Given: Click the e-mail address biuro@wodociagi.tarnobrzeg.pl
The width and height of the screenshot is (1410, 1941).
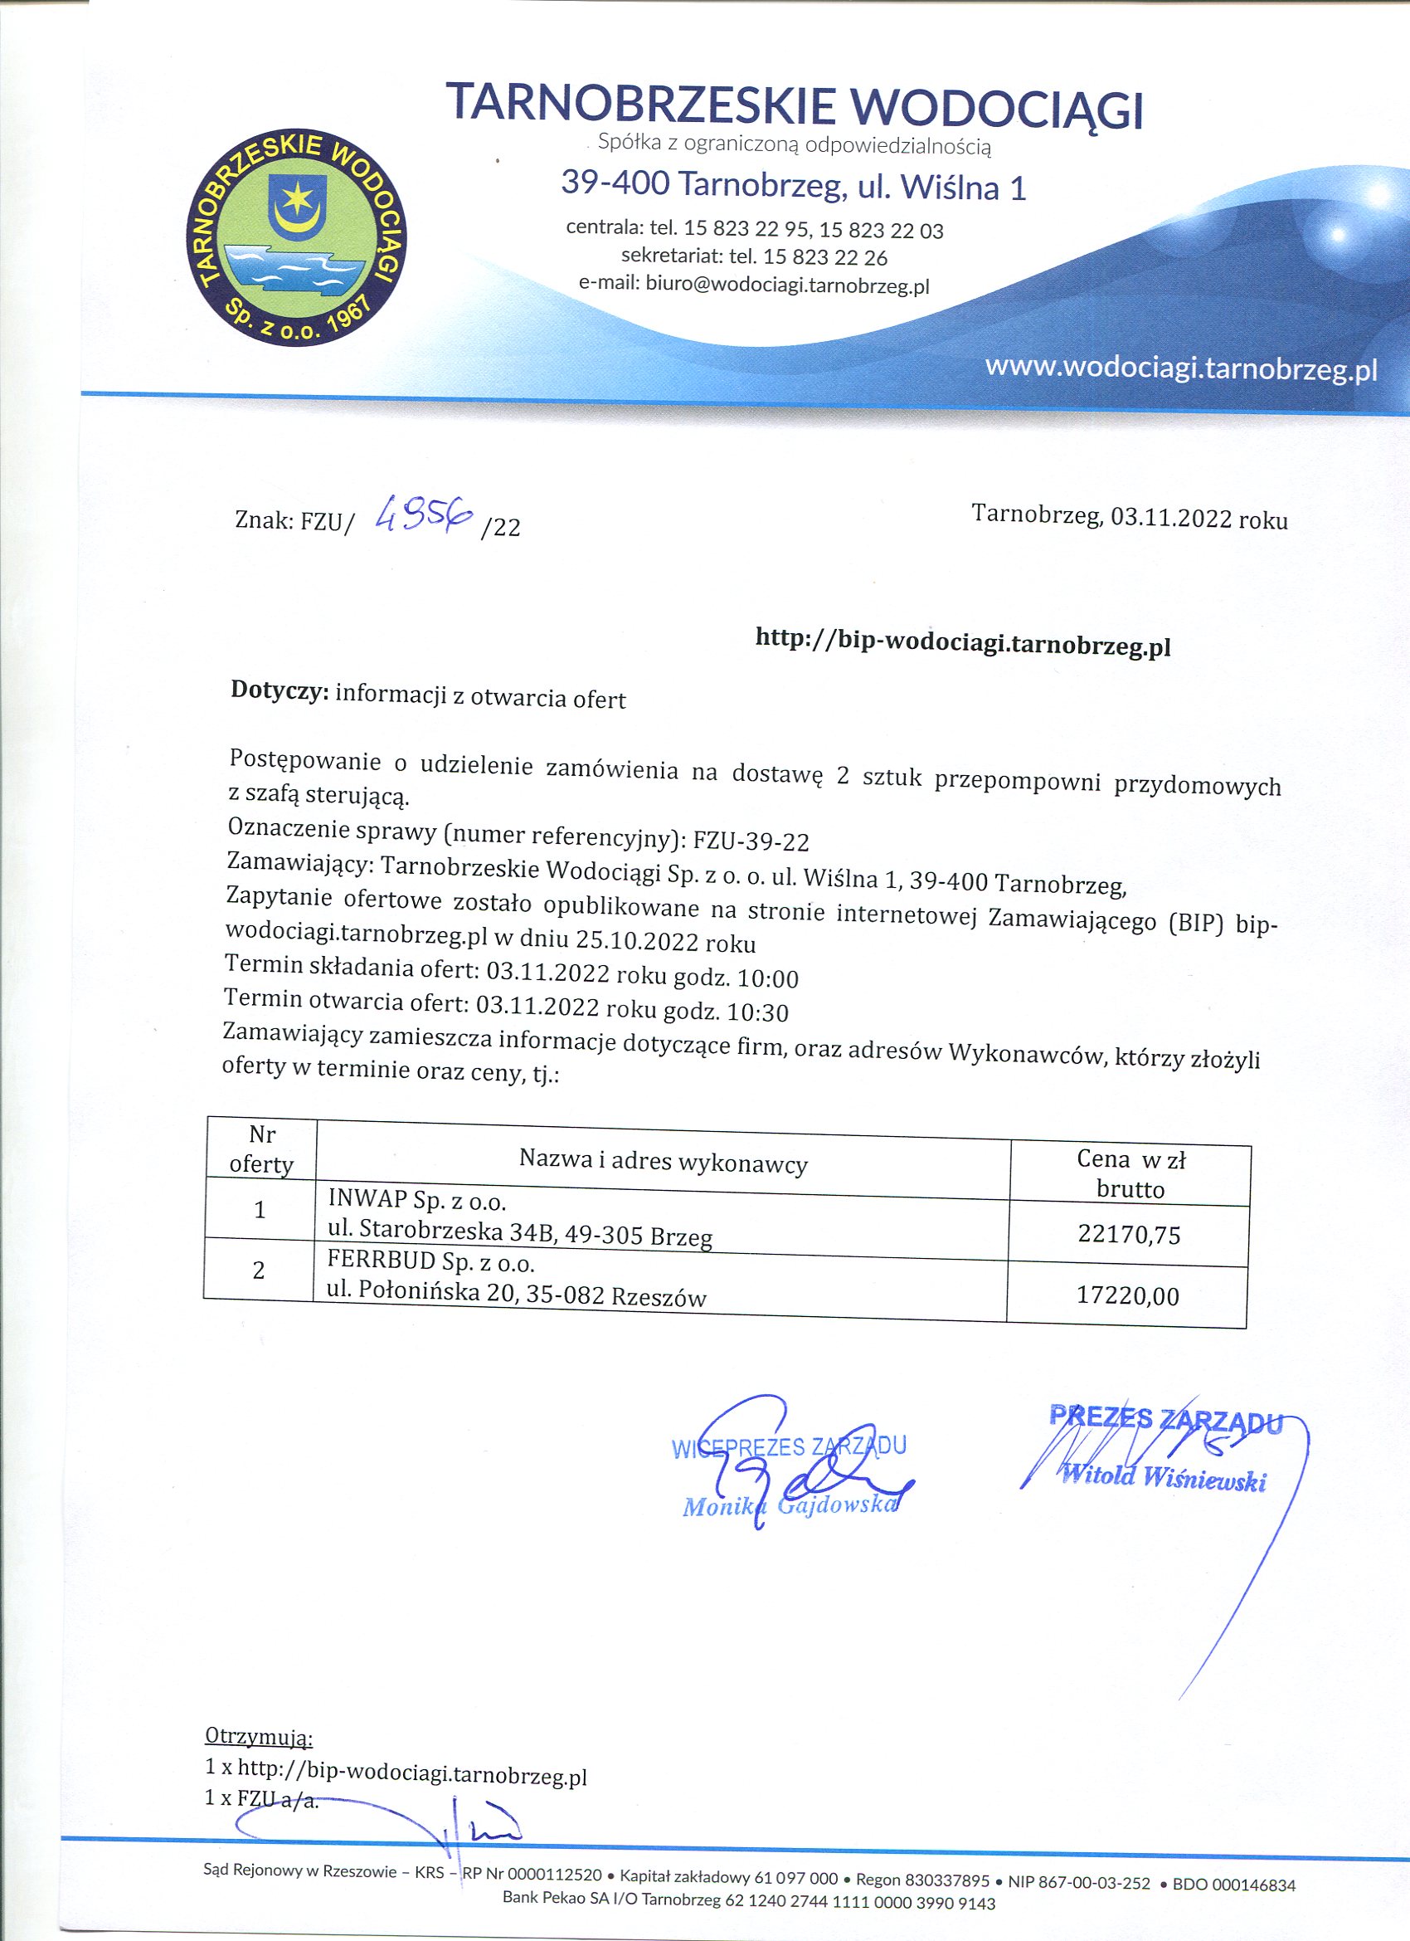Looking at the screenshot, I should [787, 285].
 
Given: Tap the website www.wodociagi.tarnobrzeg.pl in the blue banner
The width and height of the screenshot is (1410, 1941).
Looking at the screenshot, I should [1181, 368].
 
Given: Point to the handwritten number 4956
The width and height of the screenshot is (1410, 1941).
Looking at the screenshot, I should [425, 514].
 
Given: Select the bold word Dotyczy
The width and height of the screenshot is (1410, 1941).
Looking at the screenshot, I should [280, 691].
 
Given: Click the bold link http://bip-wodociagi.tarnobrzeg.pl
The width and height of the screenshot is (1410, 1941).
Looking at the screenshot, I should [962, 641].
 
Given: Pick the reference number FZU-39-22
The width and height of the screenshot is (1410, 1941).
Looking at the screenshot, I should [751, 841].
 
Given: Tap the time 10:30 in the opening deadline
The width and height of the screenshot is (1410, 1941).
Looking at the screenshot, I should [757, 1013].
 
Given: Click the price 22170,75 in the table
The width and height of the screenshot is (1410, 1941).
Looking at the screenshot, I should [1129, 1235].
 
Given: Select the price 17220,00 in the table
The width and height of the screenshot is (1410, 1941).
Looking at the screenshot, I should [1128, 1295].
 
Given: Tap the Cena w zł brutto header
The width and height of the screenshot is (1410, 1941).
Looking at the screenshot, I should [1130, 1173].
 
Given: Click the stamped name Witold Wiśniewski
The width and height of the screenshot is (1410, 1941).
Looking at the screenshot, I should [1164, 1478].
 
